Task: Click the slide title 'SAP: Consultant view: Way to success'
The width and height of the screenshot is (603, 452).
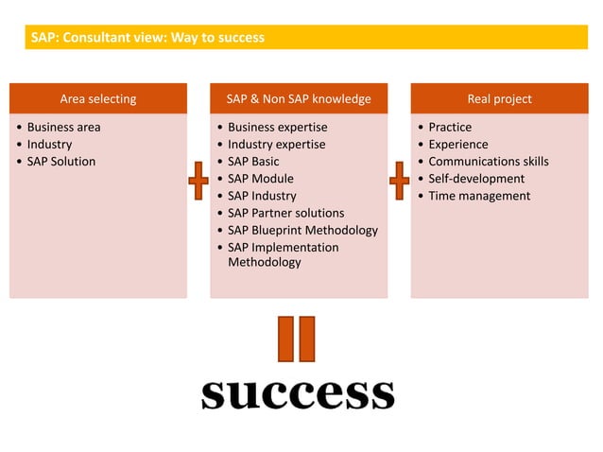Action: click(x=147, y=38)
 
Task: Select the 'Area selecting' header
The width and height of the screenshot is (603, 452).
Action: click(x=98, y=98)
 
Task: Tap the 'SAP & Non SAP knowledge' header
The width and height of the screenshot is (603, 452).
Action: click(x=298, y=98)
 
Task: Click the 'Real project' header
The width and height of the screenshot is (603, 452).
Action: click(x=499, y=98)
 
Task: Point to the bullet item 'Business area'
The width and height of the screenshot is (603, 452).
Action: click(x=63, y=127)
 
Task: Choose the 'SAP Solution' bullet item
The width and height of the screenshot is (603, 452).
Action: click(x=60, y=161)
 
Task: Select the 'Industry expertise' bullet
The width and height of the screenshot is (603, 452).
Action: click(x=276, y=144)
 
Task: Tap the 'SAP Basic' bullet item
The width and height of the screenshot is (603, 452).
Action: click(x=253, y=161)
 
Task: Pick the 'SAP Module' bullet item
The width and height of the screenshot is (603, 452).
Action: click(x=260, y=178)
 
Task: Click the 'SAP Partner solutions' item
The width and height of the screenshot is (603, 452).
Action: click(x=285, y=213)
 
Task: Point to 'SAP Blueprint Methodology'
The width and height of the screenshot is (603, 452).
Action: click(x=302, y=230)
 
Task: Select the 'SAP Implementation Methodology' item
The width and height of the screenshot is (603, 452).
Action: click(x=283, y=254)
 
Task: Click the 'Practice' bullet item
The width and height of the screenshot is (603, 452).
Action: click(x=450, y=127)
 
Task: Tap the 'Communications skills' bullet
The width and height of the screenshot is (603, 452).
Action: click(x=488, y=161)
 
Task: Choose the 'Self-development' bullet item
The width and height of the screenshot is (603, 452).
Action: click(x=476, y=178)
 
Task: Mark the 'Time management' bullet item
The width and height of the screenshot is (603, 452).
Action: click(x=479, y=196)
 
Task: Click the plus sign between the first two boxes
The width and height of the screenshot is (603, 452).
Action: click(x=198, y=180)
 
